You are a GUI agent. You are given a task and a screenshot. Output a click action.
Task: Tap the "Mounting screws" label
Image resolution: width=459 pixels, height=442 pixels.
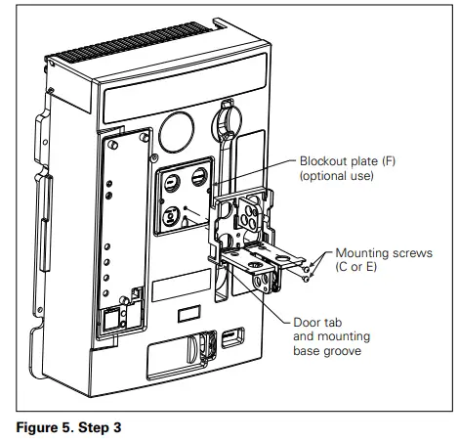pyautogui.click(x=374, y=251)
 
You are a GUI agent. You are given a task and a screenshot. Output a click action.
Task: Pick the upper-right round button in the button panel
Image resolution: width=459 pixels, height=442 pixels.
pyautogui.click(x=200, y=177)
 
